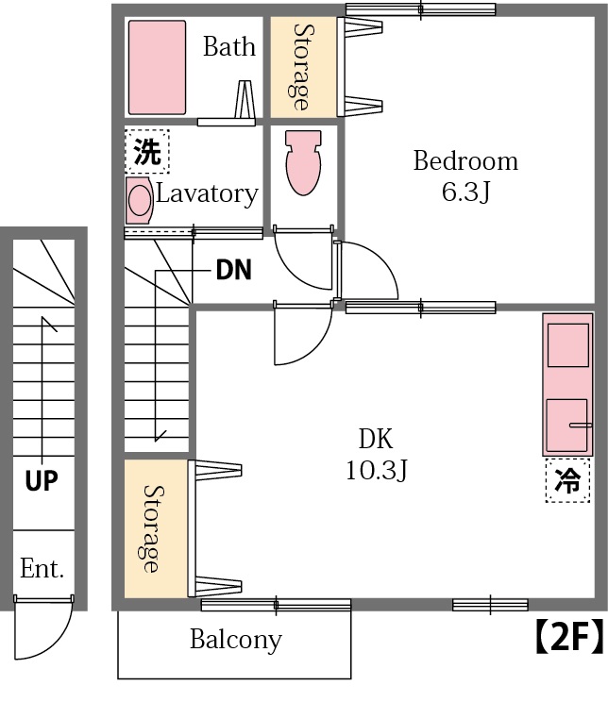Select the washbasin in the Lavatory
coord(140,201)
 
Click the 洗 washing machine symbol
coord(146,152)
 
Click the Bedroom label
coord(465,161)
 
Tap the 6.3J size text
coord(465,192)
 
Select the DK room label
coord(375,439)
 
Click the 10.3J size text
coord(375,470)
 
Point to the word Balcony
coord(235,640)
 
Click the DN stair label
coord(233,271)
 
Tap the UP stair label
coord(42,481)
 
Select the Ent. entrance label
coord(42,569)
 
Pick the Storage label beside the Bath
coord(303,66)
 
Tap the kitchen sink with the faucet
coord(567,425)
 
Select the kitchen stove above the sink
coord(567,344)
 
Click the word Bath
coord(229,46)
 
